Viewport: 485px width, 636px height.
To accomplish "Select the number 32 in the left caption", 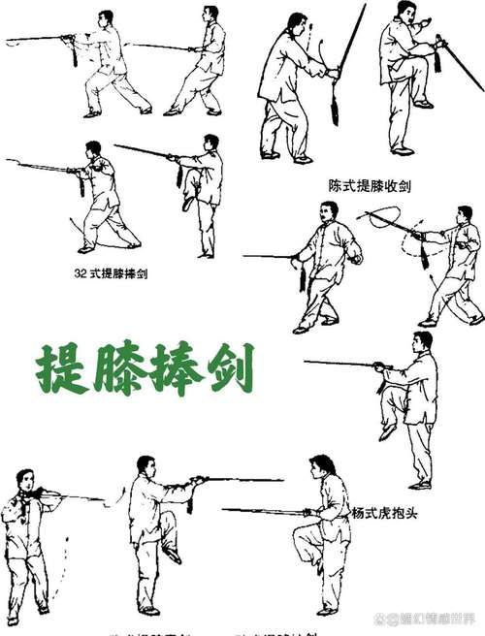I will tap(81, 273).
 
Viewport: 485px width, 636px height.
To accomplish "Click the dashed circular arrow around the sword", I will tap(381, 223).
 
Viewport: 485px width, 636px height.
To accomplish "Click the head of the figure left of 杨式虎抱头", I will tap(317, 467).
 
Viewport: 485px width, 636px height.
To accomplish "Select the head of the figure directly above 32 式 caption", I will tap(93, 150).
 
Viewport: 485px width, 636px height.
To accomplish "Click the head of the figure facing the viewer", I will tap(26, 479).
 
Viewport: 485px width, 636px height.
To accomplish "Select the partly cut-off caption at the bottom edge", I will tap(213, 631).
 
